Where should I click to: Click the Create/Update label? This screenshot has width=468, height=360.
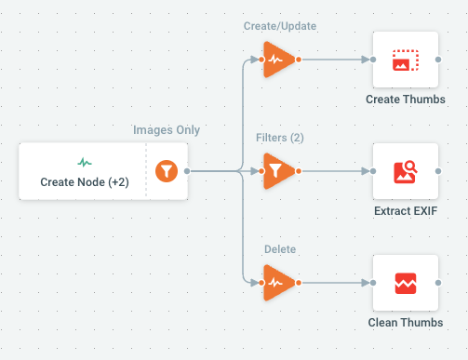click(280, 26)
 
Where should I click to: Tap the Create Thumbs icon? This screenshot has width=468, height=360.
click(406, 60)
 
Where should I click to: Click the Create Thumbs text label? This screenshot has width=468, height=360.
click(406, 100)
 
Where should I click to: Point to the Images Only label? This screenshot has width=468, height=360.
click(167, 130)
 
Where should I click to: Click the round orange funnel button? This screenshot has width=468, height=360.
click(167, 171)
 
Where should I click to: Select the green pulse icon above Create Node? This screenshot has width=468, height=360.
click(85, 162)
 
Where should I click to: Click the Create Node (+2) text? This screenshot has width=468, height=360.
click(85, 182)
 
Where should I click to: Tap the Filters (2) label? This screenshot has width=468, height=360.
click(280, 138)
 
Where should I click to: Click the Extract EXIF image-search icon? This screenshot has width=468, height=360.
click(406, 172)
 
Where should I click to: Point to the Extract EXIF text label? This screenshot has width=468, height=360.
click(406, 211)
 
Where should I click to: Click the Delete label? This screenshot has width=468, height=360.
click(280, 249)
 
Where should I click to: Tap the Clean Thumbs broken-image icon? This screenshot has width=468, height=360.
click(406, 283)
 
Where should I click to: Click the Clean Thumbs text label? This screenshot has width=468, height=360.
click(406, 323)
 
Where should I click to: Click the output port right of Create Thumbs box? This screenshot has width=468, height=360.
click(438, 60)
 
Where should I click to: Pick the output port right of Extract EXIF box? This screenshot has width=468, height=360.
click(438, 171)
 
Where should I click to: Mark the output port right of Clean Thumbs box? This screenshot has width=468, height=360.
click(438, 283)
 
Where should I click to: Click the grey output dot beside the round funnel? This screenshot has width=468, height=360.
click(187, 171)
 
